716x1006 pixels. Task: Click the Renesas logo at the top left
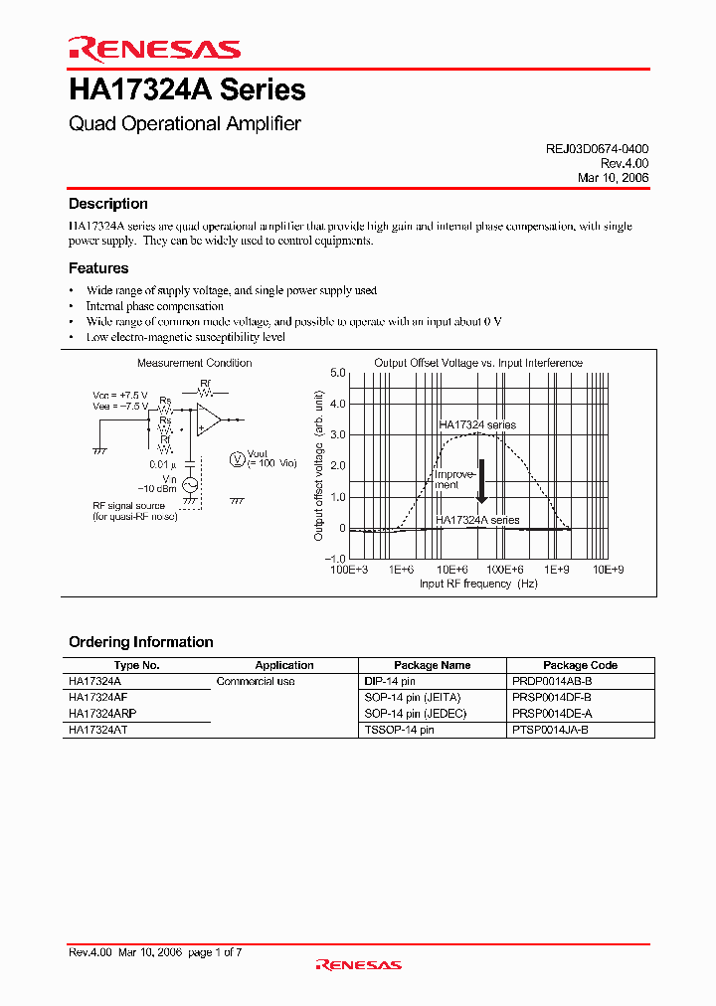pos(154,49)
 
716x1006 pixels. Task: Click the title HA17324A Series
pos(187,90)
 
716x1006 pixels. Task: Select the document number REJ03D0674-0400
pos(597,148)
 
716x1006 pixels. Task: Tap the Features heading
pos(97,268)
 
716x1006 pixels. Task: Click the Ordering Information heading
pos(140,642)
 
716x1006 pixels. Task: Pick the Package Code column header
pos(580,665)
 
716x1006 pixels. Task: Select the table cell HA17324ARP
pos(102,714)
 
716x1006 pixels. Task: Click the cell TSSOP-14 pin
pos(399,730)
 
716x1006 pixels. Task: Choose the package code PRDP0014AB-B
pos(554,681)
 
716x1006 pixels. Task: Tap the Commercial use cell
pos(256,681)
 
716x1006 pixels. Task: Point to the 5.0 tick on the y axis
pos(337,373)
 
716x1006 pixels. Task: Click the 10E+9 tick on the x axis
pos(608,570)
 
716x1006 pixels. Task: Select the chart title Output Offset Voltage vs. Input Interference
pos(477,363)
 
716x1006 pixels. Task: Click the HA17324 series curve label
pos(477,424)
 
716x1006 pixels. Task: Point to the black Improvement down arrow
pos(480,481)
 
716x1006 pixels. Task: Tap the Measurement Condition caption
pos(194,363)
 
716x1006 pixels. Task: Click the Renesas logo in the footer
pos(358,964)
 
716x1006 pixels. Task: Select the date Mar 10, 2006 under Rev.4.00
pos(613,177)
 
